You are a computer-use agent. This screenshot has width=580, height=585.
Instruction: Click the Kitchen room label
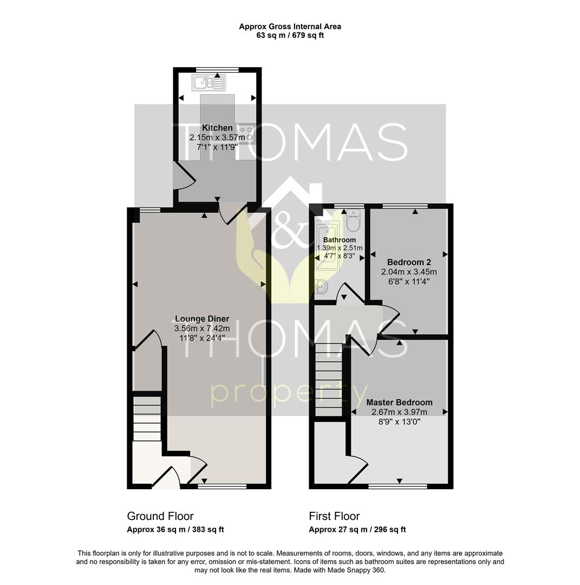point(217,128)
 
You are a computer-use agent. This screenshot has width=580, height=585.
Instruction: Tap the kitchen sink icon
point(208,83)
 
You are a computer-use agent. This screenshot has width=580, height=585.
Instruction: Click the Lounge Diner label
point(201,319)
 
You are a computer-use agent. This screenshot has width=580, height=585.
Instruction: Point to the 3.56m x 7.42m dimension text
point(201,328)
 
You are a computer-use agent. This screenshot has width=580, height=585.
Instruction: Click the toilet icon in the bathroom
point(353,221)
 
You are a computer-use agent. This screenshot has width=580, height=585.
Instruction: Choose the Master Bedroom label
point(399,402)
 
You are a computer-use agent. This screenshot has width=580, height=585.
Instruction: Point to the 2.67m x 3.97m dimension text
point(399,412)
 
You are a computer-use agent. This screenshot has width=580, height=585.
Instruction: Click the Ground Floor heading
point(160,516)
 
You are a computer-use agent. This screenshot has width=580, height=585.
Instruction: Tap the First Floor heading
point(334,516)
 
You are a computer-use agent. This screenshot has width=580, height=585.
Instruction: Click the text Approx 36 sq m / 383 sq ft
point(175,530)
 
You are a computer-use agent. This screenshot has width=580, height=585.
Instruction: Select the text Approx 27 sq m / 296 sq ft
point(357,530)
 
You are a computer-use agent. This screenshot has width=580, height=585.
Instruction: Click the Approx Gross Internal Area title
point(290,26)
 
